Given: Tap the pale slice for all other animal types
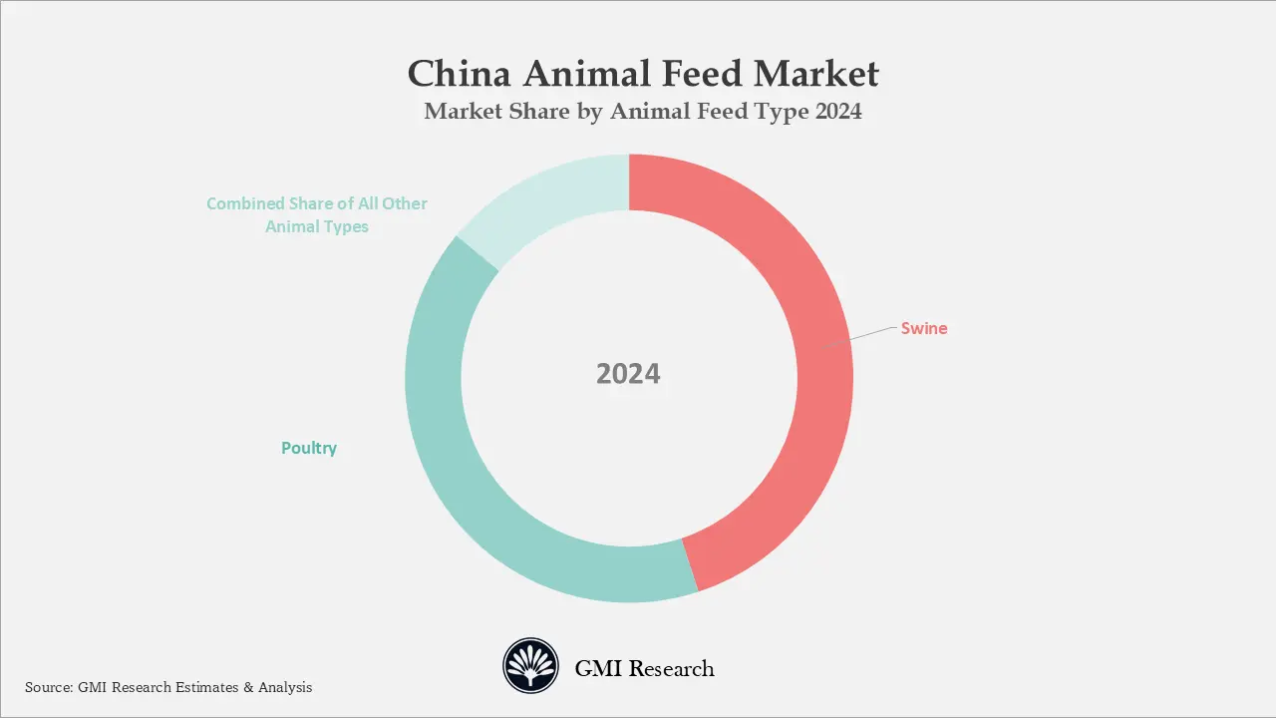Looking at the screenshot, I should coord(548,194).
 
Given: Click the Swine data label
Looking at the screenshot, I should coord(924,328).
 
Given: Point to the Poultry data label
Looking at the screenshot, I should coord(309,448).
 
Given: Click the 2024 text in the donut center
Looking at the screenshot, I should coord(628,374).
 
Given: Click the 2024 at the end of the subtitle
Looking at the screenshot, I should coord(838,112).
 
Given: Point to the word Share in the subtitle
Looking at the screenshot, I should coord(536,112).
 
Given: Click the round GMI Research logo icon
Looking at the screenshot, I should coord(531,666).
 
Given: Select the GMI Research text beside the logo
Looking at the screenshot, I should coord(644,668).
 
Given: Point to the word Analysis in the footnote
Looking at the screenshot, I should coord(283,687).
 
